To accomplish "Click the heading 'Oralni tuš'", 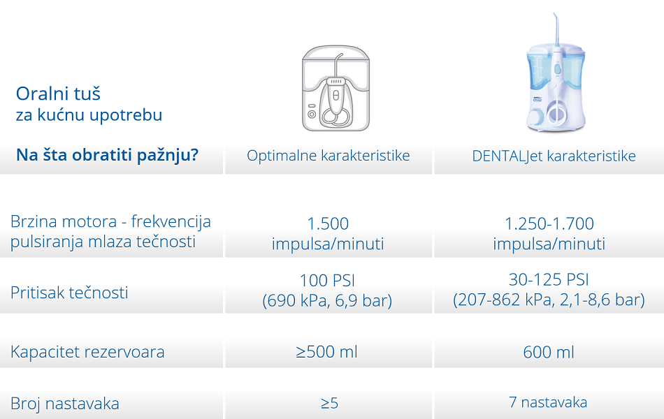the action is pos(58,94).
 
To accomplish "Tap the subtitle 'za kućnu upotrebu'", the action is pos(89,115).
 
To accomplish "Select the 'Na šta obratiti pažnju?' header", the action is pos(107,155).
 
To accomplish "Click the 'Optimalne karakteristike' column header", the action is pos(329,155).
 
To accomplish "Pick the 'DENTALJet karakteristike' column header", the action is pos(554,156).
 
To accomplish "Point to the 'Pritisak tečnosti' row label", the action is pos(69,293).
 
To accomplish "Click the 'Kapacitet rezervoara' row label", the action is pos(87,352).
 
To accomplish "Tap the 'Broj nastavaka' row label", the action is pos(65,404).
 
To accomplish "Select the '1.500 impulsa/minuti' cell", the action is pos(328,233).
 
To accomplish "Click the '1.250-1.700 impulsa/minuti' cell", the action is pos(549,233).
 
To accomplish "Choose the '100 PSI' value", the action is pos(327,280).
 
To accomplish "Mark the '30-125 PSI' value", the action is pos(549,279).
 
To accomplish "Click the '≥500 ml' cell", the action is pos(327,352).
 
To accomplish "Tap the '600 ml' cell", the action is pos(549,352).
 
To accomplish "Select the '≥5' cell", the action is pos(329,403).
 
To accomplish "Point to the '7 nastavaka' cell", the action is pos(548,402).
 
